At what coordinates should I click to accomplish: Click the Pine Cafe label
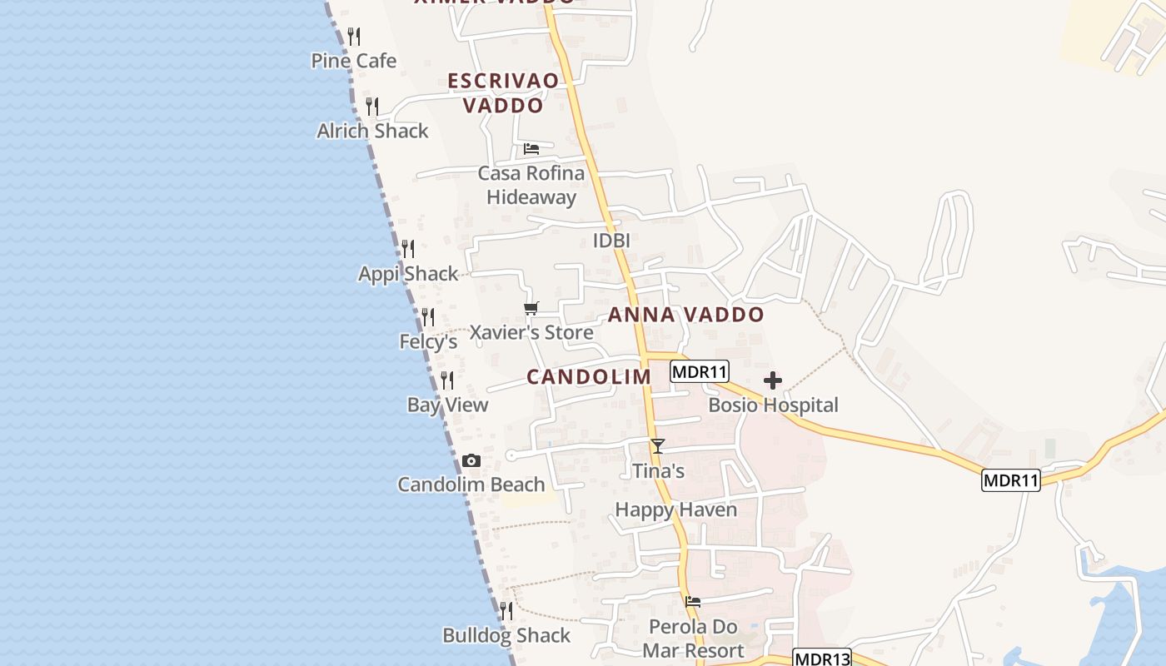[x=354, y=61]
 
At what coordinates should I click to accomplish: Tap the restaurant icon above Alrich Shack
[x=372, y=107]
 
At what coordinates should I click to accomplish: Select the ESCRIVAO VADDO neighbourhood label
[x=503, y=92]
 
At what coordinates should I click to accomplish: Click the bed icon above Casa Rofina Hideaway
[x=531, y=149]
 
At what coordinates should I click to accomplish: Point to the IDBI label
[x=610, y=241]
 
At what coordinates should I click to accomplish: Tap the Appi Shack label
[x=408, y=274]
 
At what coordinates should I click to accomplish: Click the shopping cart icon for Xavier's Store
[x=531, y=309]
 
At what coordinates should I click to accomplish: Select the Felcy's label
[x=429, y=341]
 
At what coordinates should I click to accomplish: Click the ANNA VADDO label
[x=685, y=315]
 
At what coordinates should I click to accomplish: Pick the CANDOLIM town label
[x=589, y=377]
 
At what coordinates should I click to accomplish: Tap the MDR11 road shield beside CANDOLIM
[x=700, y=372]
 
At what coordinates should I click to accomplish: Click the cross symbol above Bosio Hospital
[x=773, y=381]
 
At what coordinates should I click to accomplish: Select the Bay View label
[x=448, y=405]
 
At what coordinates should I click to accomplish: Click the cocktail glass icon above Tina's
[x=658, y=446]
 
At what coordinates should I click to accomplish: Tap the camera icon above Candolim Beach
[x=471, y=460]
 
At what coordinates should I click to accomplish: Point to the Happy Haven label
[x=675, y=509]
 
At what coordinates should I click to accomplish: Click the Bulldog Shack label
[x=506, y=635]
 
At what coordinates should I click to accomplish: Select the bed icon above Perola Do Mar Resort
[x=693, y=602]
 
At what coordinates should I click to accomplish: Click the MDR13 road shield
[x=822, y=659]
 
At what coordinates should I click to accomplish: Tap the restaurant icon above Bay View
[x=447, y=380]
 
